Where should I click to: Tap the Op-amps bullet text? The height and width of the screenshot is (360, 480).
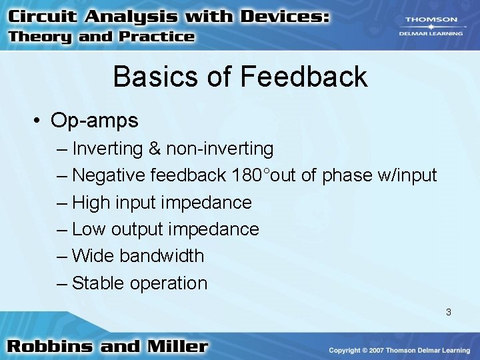click(x=95, y=121)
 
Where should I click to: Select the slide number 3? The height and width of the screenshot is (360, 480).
click(x=449, y=311)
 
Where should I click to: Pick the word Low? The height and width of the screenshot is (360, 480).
click(x=89, y=229)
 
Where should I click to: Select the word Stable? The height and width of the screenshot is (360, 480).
click(x=99, y=283)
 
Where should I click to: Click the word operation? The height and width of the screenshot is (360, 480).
click(x=169, y=283)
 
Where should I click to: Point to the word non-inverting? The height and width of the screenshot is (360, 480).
click(x=220, y=149)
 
